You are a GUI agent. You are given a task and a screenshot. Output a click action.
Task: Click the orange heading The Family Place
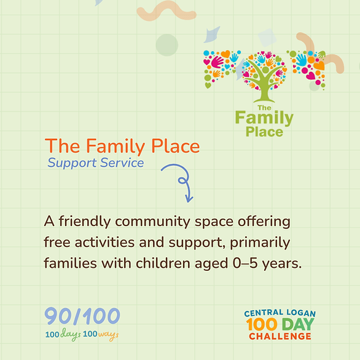click(122, 146)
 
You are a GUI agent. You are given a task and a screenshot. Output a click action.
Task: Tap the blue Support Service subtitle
click(95, 163)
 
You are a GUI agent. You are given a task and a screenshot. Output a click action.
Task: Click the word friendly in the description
click(85, 222)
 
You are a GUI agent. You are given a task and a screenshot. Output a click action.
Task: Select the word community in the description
click(152, 222)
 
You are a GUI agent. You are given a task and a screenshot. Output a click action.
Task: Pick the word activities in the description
click(104, 242)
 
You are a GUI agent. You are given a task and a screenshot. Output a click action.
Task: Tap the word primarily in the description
click(260, 243)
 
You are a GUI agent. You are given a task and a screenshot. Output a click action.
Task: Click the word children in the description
click(163, 263)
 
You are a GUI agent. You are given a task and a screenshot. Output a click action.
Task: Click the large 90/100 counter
click(82, 316)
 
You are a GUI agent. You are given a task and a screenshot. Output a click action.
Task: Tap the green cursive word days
click(71, 334)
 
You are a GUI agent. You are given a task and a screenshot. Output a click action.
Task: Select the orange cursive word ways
click(108, 335)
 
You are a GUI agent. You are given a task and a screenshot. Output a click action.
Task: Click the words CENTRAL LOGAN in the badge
click(280, 313)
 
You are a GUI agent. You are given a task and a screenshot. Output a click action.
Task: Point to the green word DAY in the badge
click(298, 324)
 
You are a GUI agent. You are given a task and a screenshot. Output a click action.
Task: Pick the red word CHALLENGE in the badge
click(280, 337)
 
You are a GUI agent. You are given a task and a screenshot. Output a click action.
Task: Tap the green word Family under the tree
click(264, 118)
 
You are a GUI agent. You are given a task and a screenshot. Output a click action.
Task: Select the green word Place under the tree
click(264, 132)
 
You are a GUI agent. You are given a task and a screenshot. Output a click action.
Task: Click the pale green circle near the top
click(167, 45)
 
